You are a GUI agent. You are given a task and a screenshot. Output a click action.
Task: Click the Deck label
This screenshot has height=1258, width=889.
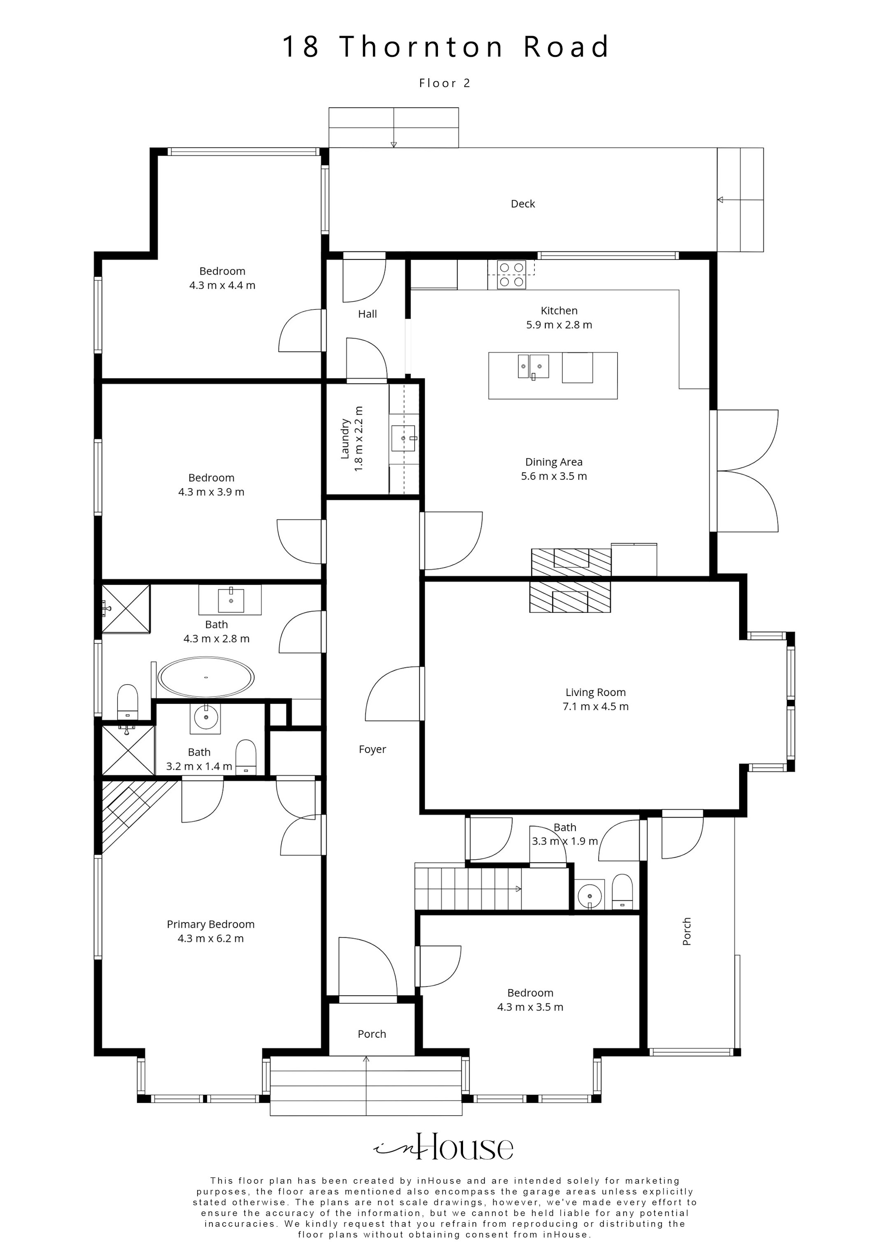tap(523, 204)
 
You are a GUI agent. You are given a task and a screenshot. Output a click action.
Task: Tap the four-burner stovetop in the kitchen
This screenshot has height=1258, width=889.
tap(512, 275)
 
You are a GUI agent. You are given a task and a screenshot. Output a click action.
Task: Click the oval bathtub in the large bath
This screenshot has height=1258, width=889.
tap(206, 678)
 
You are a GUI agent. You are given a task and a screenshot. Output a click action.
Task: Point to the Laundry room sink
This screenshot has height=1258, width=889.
tap(404, 438)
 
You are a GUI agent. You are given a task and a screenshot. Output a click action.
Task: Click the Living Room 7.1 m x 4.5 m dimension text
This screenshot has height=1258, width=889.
tap(596, 707)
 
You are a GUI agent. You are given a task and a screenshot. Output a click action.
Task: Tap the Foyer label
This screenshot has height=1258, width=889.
tap(372, 749)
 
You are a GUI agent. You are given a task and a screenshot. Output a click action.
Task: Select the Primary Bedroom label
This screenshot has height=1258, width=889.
tap(210, 924)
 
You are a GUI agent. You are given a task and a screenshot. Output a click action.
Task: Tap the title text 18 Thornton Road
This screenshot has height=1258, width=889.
tap(445, 47)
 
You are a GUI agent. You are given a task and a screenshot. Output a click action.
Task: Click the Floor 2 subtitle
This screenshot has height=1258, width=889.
tap(445, 83)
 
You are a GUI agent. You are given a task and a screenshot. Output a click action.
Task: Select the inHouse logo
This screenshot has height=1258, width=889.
tap(444, 1147)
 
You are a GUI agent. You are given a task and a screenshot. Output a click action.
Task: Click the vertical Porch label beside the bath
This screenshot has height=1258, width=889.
tap(687, 931)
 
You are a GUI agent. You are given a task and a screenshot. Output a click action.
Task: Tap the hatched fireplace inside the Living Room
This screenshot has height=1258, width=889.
tap(570, 597)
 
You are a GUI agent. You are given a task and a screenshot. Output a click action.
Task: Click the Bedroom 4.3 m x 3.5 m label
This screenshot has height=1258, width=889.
tap(530, 1000)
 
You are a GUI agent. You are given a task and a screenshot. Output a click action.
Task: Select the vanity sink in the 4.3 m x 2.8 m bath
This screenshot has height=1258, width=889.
tap(230, 600)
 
